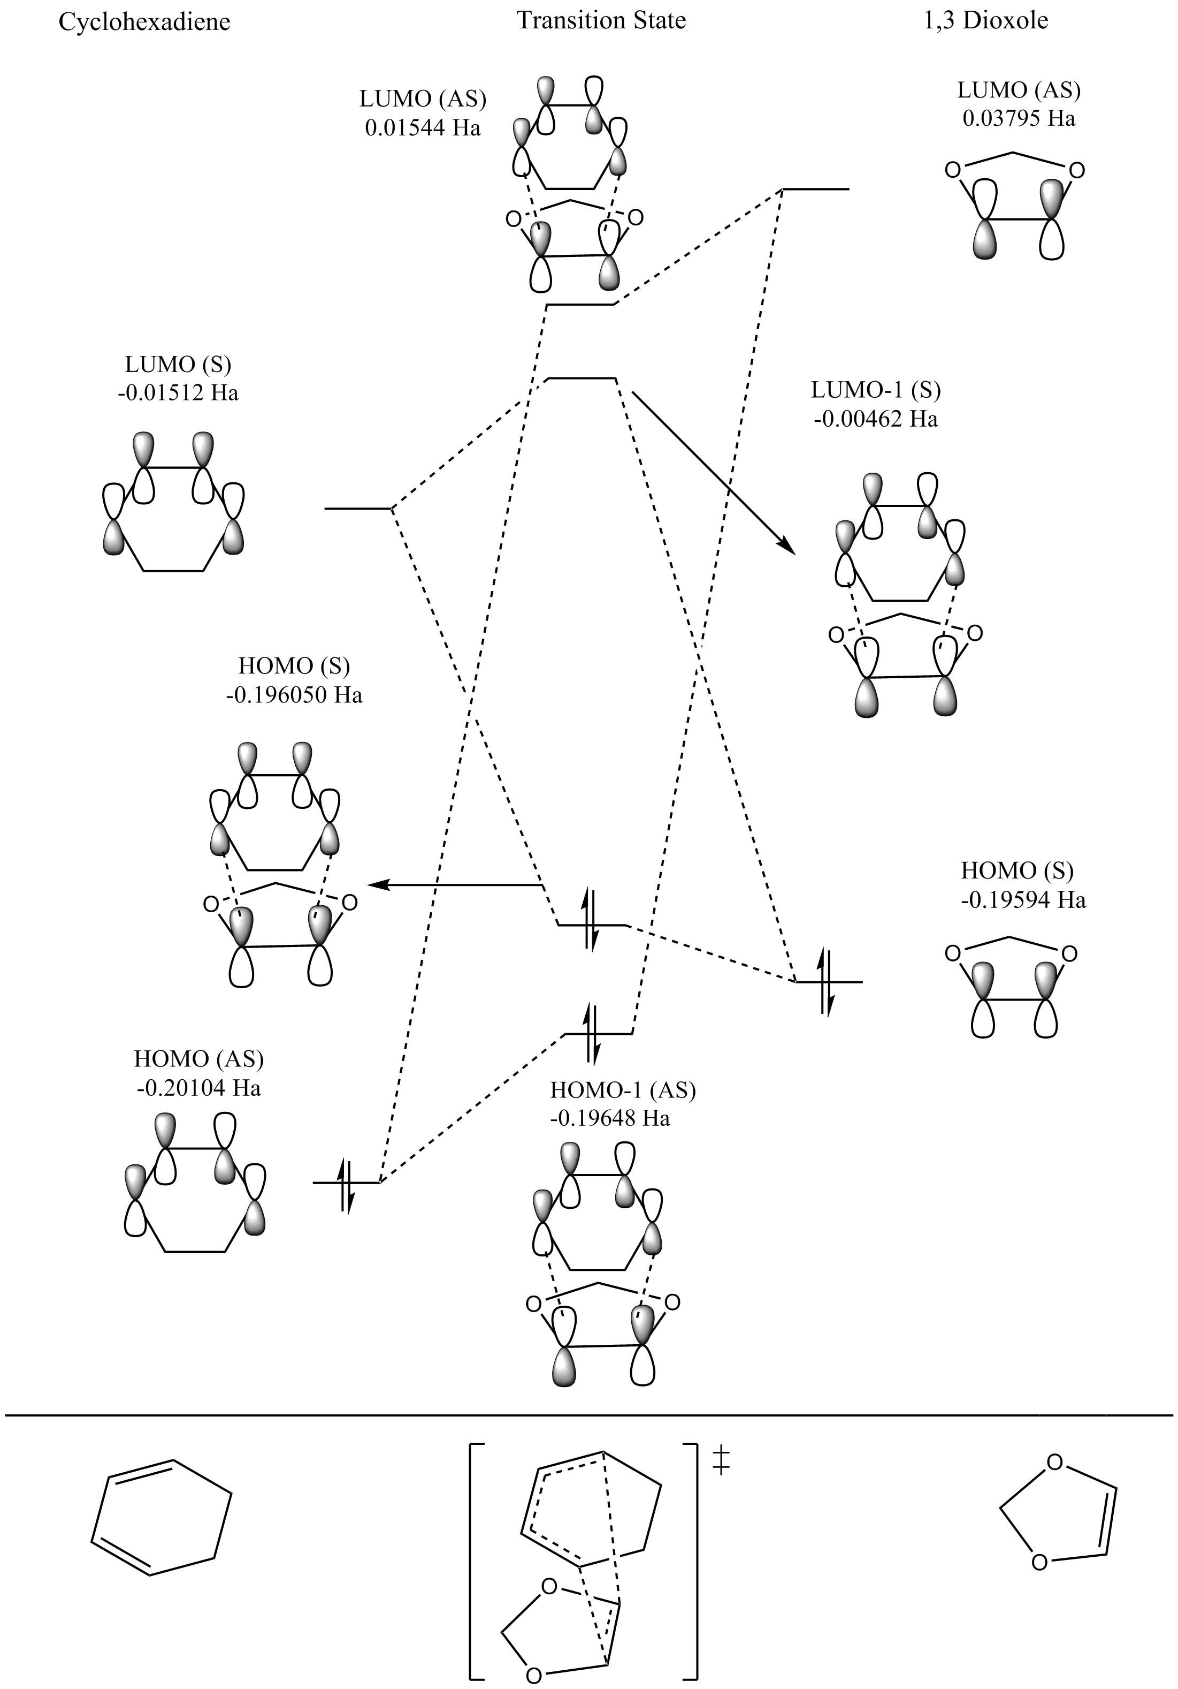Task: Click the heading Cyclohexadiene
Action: tap(144, 22)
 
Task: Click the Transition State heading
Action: tap(601, 20)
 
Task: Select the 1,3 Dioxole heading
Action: tap(985, 20)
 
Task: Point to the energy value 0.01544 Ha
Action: tap(423, 127)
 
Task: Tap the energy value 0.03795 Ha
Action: tap(1019, 118)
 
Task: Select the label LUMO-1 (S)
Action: tap(876, 389)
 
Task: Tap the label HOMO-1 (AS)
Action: tap(623, 1089)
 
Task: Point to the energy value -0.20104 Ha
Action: tap(198, 1087)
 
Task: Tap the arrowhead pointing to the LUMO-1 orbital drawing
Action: tap(787, 547)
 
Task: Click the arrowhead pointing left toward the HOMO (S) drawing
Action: tap(376, 885)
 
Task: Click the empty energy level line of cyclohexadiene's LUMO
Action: tap(358, 509)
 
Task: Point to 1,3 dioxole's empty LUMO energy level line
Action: tap(815, 189)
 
